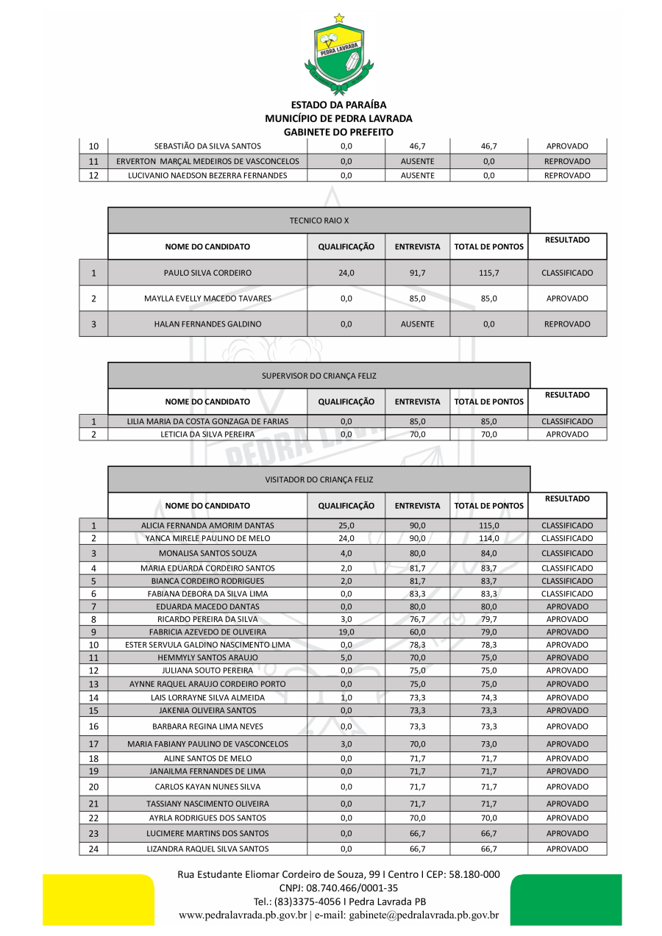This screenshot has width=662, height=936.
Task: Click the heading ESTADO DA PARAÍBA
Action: point(338,105)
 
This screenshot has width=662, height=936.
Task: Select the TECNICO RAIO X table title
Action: point(319,221)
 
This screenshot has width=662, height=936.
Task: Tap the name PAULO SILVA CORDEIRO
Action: point(207,273)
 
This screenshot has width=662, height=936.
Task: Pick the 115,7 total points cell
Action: point(488,273)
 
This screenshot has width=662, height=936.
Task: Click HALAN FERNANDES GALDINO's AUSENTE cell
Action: point(417,324)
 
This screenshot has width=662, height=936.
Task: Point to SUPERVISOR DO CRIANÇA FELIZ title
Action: point(319,376)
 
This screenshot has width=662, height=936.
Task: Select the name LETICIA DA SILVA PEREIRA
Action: point(207,435)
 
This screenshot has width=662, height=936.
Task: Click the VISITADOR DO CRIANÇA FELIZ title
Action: point(319,479)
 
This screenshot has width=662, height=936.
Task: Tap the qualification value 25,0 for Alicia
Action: point(346,526)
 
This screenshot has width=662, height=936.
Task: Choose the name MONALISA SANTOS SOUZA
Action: point(207,553)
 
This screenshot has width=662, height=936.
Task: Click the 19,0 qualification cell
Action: point(346,632)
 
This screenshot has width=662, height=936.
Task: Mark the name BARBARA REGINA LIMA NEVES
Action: point(207,726)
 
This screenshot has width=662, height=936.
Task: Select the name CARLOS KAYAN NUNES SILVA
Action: point(207,787)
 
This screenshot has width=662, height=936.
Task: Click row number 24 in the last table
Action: point(93,849)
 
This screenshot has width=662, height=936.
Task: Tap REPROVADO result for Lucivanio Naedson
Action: point(567,176)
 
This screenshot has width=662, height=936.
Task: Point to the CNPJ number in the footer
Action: point(338,888)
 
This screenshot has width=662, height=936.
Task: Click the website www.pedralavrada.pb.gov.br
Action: point(243,915)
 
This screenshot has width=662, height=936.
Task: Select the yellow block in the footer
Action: point(98,899)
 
